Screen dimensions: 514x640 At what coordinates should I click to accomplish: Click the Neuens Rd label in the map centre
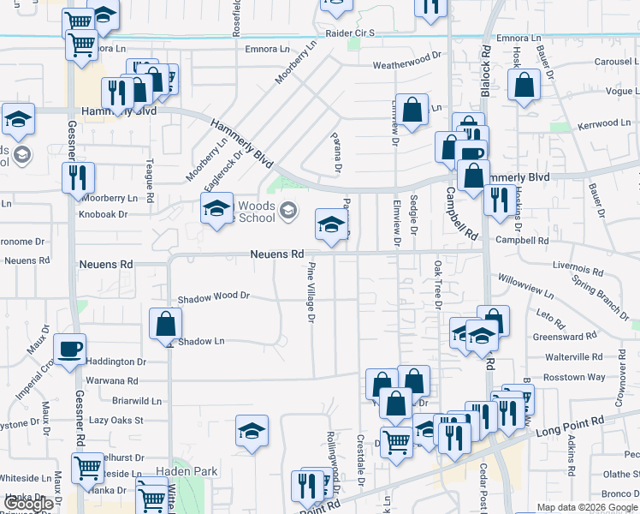pyautogui.click(x=277, y=254)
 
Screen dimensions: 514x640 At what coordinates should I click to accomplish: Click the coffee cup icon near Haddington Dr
pyautogui.click(x=69, y=349)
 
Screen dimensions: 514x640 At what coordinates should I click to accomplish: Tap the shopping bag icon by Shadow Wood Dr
pyautogui.click(x=165, y=324)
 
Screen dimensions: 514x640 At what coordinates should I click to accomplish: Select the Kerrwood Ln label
pyautogui.click(x=603, y=124)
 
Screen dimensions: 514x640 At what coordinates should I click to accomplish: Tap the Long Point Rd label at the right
pyautogui.click(x=569, y=425)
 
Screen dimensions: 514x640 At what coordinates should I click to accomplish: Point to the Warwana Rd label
pyautogui.click(x=111, y=380)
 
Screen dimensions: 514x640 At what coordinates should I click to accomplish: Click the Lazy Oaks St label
pyautogui.click(x=116, y=421)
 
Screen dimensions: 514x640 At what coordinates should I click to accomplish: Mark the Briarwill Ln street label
pyautogui.click(x=138, y=400)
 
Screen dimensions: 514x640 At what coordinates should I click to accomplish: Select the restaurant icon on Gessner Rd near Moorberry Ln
pyautogui.click(x=78, y=178)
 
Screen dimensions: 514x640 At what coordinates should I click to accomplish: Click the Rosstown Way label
pyautogui.click(x=575, y=377)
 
